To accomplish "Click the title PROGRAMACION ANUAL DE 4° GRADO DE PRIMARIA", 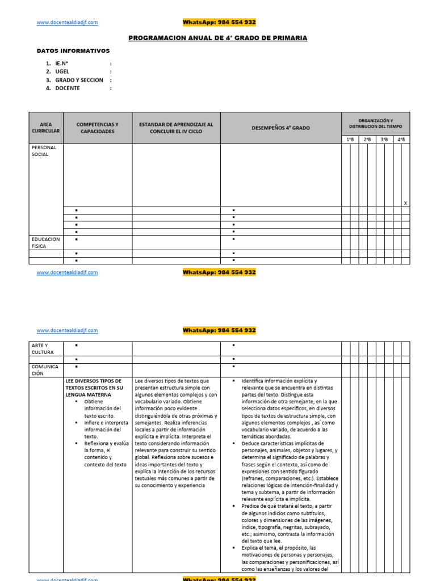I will coord(218,38).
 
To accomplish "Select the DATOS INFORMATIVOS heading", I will coord(73,51).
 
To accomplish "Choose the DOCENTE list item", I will coord(68,88).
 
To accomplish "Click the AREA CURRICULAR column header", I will coord(45,128).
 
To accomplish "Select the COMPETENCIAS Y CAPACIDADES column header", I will coord(97,128).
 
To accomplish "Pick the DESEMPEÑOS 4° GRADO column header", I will coord(280,128).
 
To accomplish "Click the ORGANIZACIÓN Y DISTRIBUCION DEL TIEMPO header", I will coord(375,123).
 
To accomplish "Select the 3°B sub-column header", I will coord(384,139).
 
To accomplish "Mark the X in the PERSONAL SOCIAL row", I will coord(405,203).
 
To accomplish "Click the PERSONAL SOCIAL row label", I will coord(44,150).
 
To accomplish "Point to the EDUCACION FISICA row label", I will coord(45,243).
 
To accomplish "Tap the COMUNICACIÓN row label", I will coord(45,370).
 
